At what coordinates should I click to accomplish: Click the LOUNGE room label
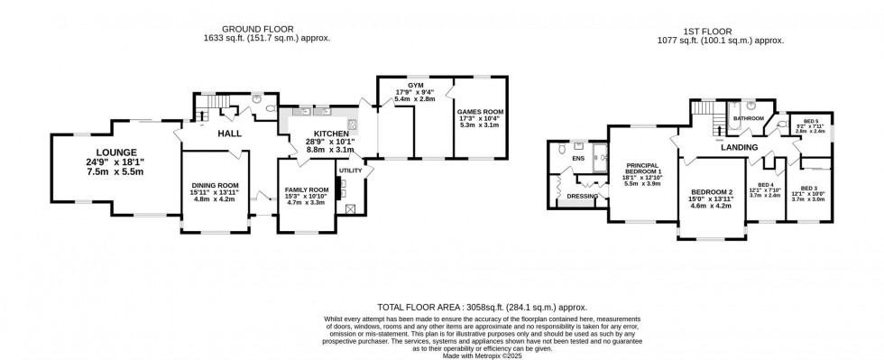pyautogui.click(x=114, y=152)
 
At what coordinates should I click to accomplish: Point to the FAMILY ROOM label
pyautogui.click(x=305, y=189)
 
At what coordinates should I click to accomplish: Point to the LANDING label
pyautogui.click(x=738, y=147)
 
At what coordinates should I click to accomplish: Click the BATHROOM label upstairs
pyautogui.click(x=748, y=119)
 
